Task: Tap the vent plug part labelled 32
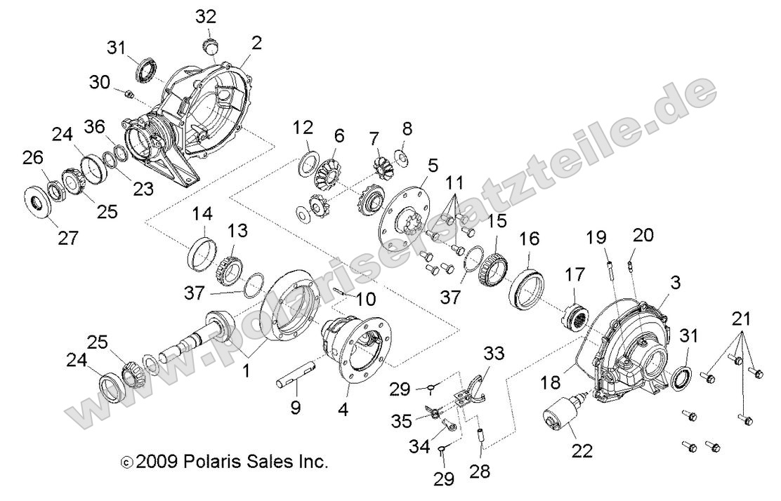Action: point(209,47)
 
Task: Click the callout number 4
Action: point(343,406)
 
